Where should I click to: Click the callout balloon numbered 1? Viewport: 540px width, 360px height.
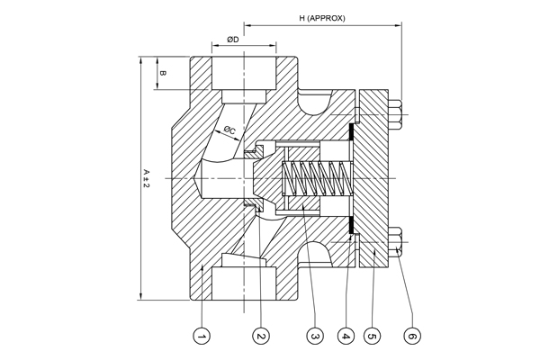coord(202,336)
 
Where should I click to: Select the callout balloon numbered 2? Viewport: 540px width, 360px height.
coord(261,336)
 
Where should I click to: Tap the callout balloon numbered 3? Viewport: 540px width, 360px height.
coord(315,336)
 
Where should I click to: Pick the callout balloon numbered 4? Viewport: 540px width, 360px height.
coord(346,336)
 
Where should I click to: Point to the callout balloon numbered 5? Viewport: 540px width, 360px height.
coord(373,336)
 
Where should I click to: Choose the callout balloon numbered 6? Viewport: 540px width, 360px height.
coord(412,336)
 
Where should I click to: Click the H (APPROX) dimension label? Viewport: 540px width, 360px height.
coord(322,18)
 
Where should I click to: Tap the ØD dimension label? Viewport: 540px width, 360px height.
coord(233,40)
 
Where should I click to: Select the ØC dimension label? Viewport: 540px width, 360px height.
coord(229,130)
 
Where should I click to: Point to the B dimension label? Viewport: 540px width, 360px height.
coord(164,74)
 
